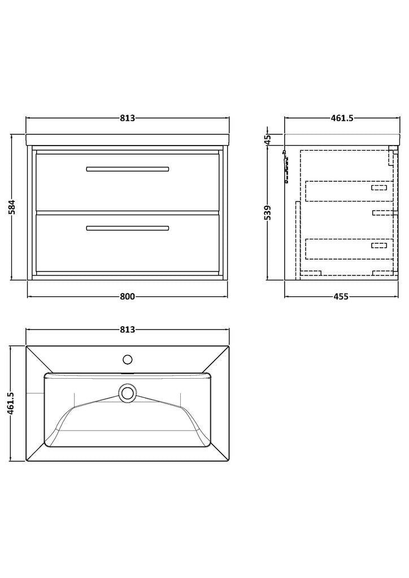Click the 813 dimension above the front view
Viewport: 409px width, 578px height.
pyautogui.click(x=127, y=118)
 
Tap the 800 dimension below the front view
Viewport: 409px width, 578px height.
pyautogui.click(x=127, y=296)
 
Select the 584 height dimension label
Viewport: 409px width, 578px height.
pyautogui.click(x=12, y=207)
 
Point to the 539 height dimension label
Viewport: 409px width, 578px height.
pyautogui.click(x=268, y=213)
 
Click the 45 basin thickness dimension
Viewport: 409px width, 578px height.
pyautogui.click(x=268, y=139)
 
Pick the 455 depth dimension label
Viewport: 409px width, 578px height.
pyautogui.click(x=341, y=296)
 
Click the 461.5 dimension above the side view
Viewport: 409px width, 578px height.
pyautogui.click(x=342, y=118)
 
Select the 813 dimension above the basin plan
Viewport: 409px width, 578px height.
pyautogui.click(x=127, y=329)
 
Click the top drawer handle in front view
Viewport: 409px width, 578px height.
pyautogui.click(x=128, y=169)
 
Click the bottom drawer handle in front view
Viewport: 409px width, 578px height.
pyautogui.click(x=128, y=228)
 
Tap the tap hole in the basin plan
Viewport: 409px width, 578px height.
pyautogui.click(x=128, y=360)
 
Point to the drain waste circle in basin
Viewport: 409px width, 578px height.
pyautogui.click(x=128, y=392)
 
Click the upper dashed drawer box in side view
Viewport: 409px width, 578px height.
pyautogui.click(x=349, y=191)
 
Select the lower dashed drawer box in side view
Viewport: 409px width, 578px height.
pyautogui.click(x=349, y=249)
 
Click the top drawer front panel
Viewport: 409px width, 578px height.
pyautogui.click(x=128, y=182)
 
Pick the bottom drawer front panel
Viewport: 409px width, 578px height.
pyautogui.click(x=128, y=243)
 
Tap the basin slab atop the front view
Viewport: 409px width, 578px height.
pyautogui.click(x=128, y=140)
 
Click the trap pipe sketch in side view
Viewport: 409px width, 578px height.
pyautogui.click(x=285, y=167)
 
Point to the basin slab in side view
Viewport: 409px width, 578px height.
pyautogui.click(x=342, y=140)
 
